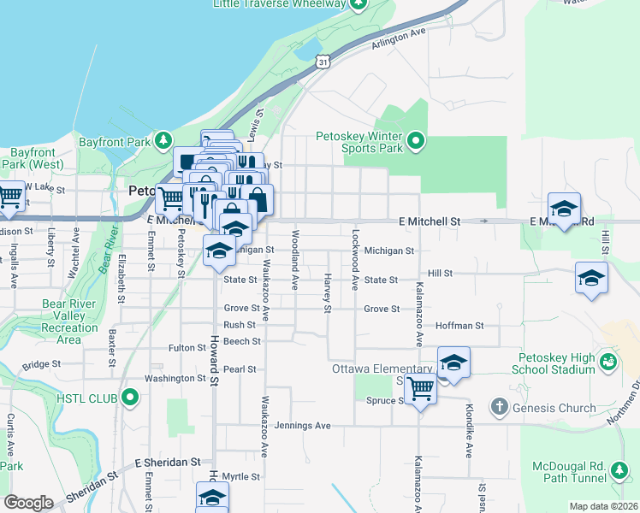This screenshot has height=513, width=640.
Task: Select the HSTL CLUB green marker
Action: [130, 397]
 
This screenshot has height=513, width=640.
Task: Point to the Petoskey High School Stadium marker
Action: [607, 363]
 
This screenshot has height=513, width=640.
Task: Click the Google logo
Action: [28, 503]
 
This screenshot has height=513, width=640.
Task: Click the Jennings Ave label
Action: [310, 425]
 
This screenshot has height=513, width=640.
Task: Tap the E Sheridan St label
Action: [167, 462]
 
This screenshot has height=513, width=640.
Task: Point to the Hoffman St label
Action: [459, 326]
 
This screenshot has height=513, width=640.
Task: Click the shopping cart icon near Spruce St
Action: [420, 387]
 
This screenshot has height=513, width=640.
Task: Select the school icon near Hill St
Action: [591, 277]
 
